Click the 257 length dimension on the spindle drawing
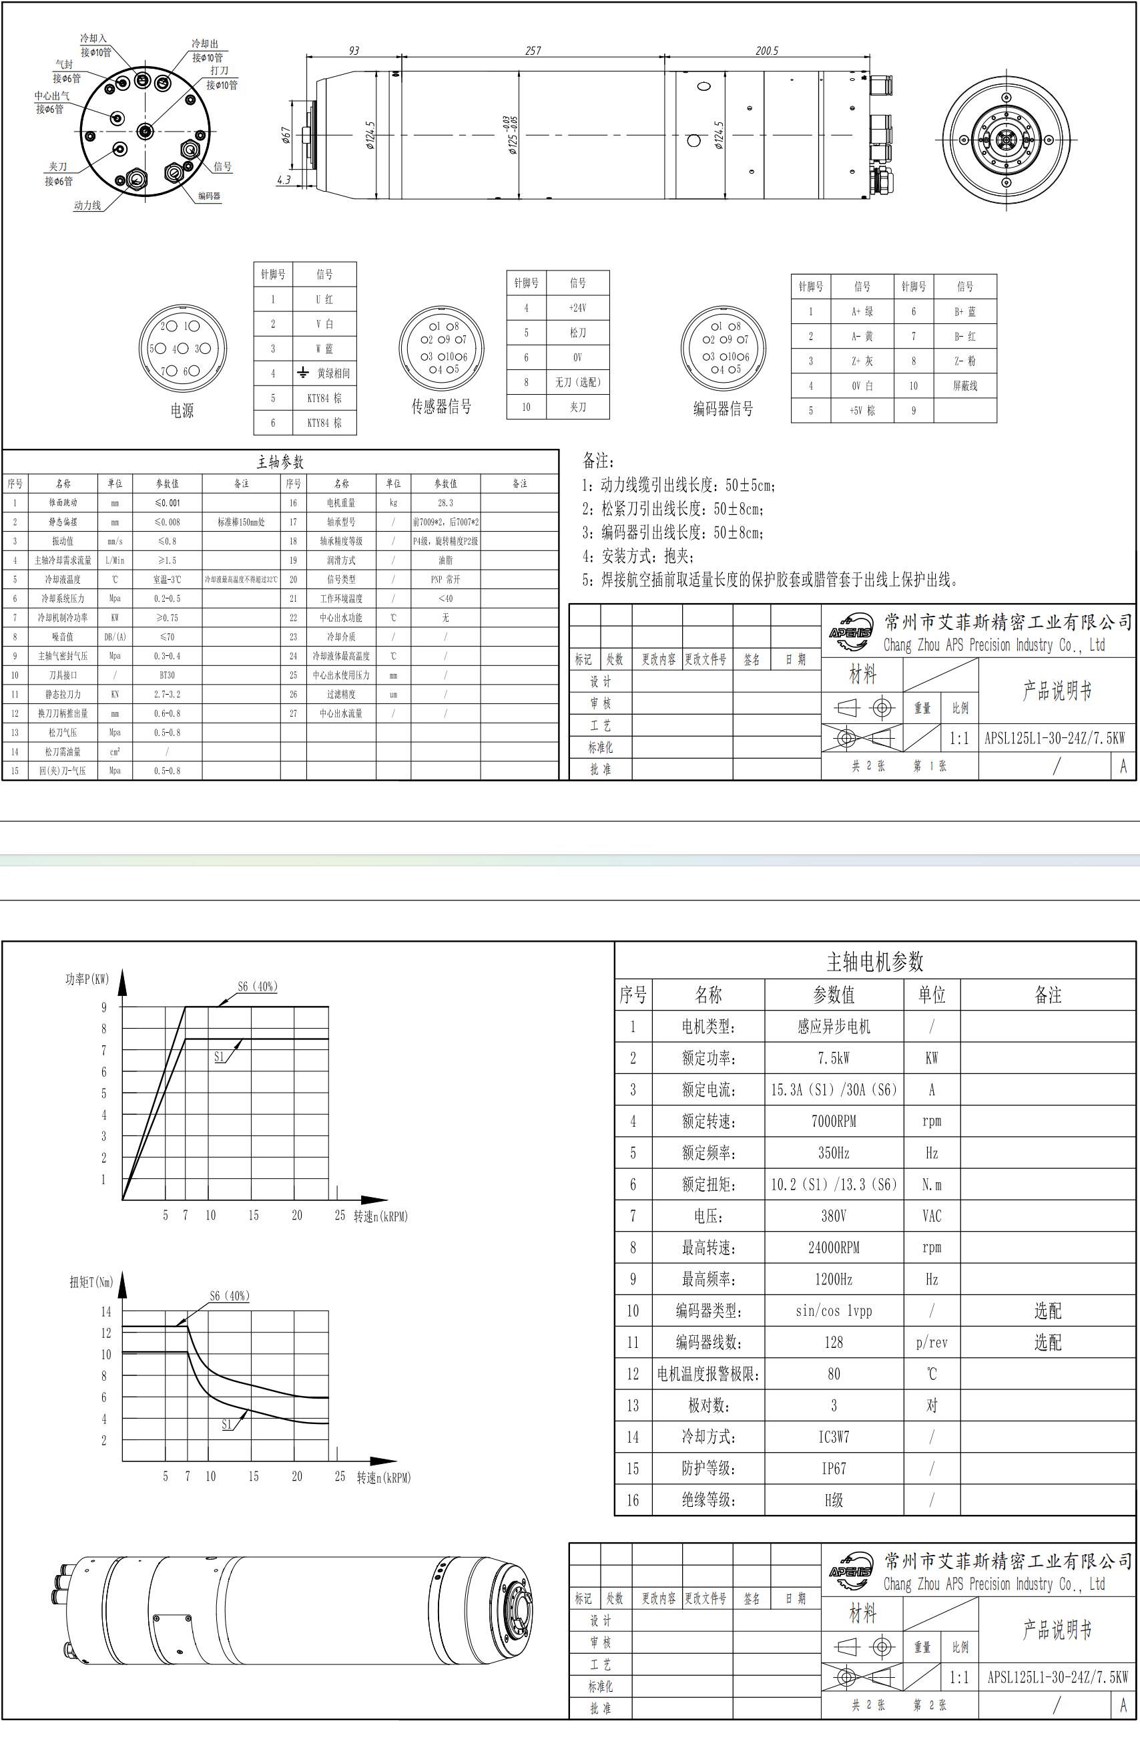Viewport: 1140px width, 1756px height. click(x=533, y=51)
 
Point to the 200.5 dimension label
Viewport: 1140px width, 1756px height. click(x=766, y=51)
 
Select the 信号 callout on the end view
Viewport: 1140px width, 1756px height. click(x=223, y=167)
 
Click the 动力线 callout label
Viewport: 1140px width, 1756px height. click(x=87, y=206)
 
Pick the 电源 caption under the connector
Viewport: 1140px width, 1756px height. click(x=182, y=411)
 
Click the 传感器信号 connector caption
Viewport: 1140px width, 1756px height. click(x=441, y=407)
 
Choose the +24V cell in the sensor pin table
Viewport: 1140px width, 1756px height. click(x=577, y=308)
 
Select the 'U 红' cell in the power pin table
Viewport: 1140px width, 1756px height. click(x=324, y=299)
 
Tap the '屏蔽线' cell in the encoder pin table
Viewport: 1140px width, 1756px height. click(x=964, y=386)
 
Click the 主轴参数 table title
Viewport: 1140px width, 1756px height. click(x=280, y=462)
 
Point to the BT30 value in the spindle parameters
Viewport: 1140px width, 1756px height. click(x=168, y=675)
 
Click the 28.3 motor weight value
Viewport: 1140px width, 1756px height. click(x=445, y=502)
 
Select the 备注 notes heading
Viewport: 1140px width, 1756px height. click(x=598, y=461)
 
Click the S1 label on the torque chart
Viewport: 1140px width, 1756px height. click(x=226, y=1425)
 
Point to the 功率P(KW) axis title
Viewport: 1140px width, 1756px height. click(x=87, y=979)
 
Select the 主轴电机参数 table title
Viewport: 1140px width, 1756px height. click(x=874, y=961)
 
